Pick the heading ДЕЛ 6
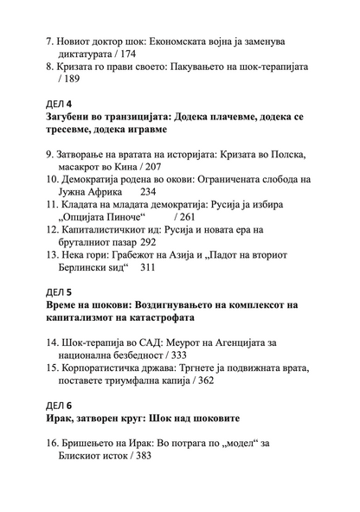[x=60, y=406]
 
